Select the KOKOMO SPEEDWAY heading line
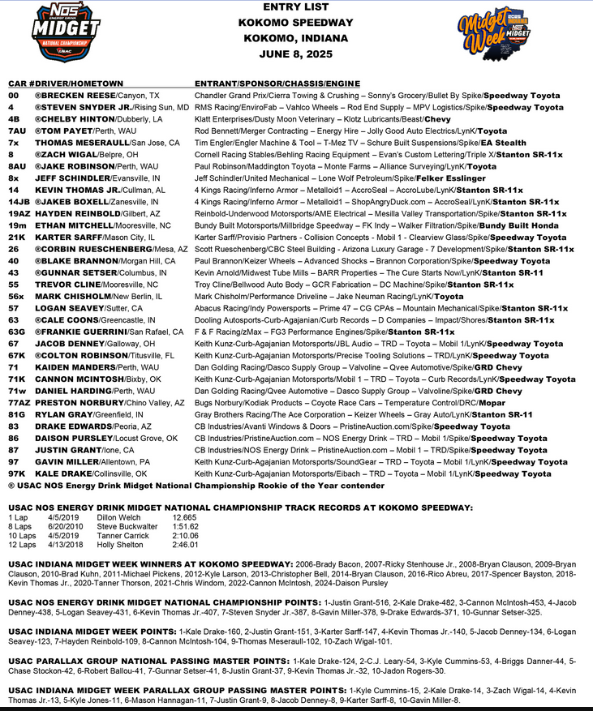[295, 24]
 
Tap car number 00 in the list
[12, 95]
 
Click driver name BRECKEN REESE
[74, 95]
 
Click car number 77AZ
[19, 403]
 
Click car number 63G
[15, 332]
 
